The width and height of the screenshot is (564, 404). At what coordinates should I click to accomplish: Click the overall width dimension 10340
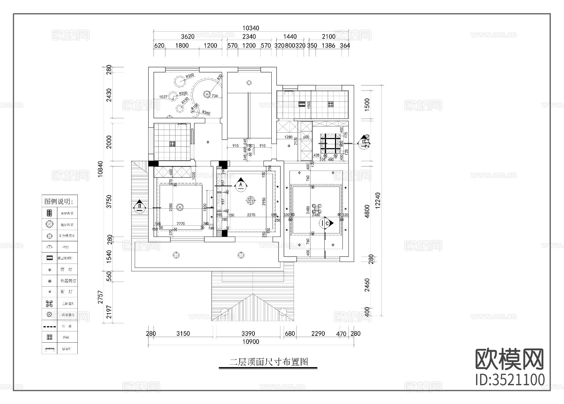[x=251, y=28]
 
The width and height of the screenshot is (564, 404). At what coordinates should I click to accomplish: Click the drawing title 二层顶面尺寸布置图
[x=269, y=362]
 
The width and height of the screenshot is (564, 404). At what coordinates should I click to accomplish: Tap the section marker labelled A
[x=241, y=184]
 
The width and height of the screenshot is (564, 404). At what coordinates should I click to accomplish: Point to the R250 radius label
[x=190, y=76]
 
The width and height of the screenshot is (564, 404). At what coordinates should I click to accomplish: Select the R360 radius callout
[x=206, y=112]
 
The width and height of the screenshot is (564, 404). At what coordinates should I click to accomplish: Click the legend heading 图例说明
[x=60, y=201]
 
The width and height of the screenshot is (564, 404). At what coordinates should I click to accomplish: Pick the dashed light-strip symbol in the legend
[x=49, y=326]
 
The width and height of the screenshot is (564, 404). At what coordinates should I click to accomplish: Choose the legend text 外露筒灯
[x=68, y=281]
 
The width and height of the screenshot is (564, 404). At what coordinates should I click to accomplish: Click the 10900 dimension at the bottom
[x=251, y=342]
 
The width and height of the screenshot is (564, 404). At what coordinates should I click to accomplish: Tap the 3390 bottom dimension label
[x=248, y=334]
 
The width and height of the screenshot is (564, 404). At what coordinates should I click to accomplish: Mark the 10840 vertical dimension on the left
[x=100, y=169]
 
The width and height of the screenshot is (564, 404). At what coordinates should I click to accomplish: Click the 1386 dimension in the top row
[x=328, y=45]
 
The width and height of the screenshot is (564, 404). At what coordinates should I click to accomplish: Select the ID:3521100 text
[x=510, y=380]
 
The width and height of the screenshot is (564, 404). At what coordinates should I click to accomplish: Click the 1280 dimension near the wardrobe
[x=288, y=137]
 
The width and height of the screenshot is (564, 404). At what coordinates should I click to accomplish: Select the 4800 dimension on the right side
[x=367, y=211]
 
